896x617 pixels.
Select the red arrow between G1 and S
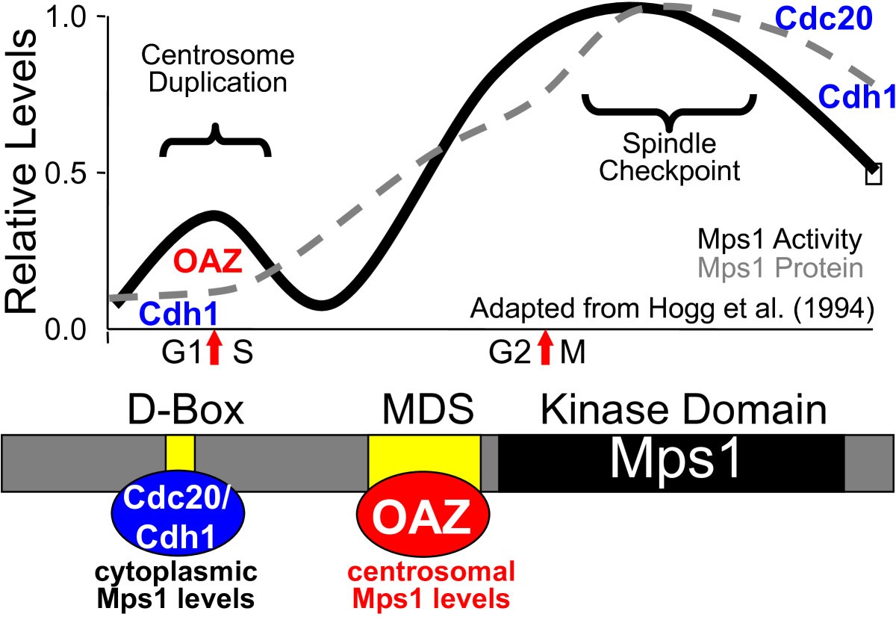[x=215, y=349]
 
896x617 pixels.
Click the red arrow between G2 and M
[x=546, y=349]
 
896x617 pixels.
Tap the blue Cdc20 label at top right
[x=824, y=19]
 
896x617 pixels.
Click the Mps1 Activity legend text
[x=780, y=241]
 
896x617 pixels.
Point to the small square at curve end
[x=874, y=176]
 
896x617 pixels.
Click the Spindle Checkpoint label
[x=670, y=158]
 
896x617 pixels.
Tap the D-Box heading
[x=180, y=411]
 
